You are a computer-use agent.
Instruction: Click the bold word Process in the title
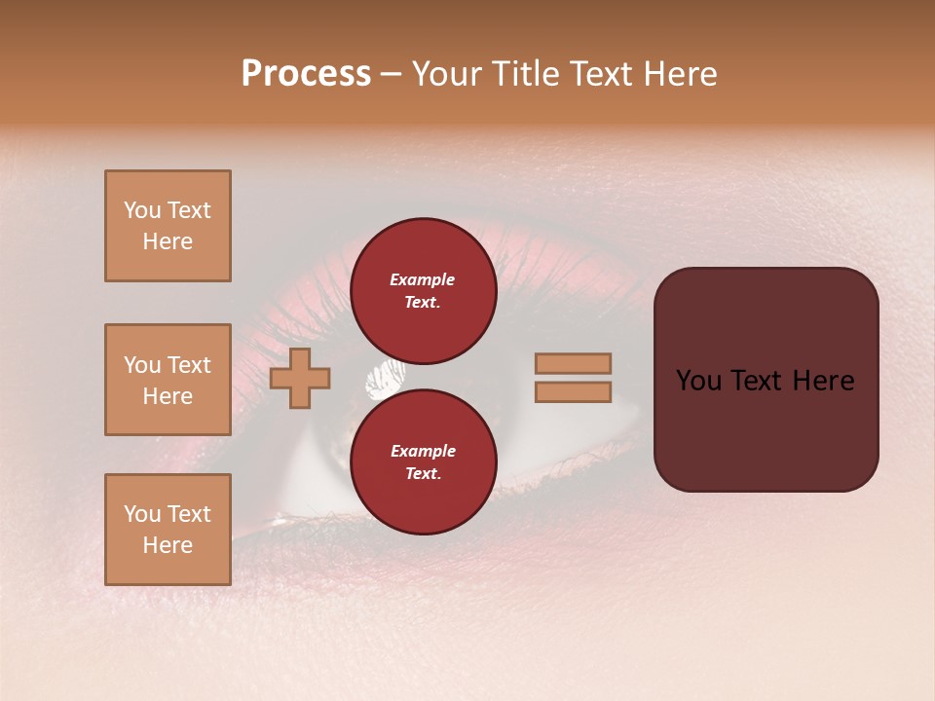(x=306, y=74)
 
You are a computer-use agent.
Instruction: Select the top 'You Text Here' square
(x=168, y=226)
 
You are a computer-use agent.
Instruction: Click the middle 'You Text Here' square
(x=168, y=380)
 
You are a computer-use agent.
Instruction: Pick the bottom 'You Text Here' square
(x=168, y=530)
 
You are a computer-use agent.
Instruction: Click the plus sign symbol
(x=300, y=378)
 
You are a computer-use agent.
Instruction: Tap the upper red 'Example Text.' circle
(x=423, y=290)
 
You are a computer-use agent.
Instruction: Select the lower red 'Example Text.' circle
(x=423, y=461)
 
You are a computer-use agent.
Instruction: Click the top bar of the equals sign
(x=573, y=363)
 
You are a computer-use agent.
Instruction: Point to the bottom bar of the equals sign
(x=573, y=391)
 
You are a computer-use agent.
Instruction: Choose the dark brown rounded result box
(x=766, y=428)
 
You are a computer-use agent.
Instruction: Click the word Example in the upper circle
(x=423, y=279)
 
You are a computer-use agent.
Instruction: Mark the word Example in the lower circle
(x=423, y=451)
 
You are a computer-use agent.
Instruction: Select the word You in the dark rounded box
(x=697, y=381)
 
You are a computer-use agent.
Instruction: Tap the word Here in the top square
(x=168, y=241)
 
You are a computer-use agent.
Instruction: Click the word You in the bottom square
(x=141, y=514)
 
